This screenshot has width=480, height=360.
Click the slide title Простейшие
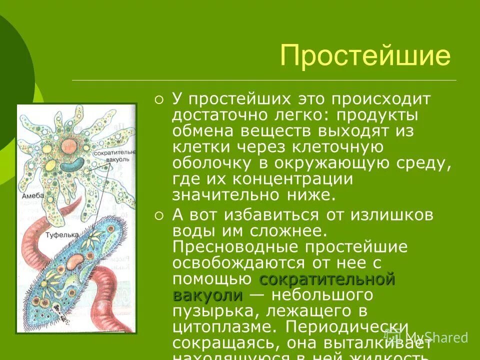pyautogui.click(x=365, y=55)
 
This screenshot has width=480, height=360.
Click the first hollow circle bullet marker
pyautogui.click(x=159, y=99)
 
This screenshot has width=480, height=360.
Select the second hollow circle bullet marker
pyautogui.click(x=159, y=216)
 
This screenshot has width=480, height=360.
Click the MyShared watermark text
pyautogui.click(x=436, y=337)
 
